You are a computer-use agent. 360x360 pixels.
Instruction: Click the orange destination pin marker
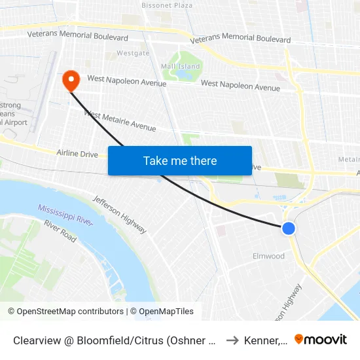coord(71,81)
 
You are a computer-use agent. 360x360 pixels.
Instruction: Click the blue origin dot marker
coord(288,228)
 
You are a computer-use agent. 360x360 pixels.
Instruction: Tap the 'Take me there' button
coord(180,160)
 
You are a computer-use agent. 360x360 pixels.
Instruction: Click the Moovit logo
coord(320,340)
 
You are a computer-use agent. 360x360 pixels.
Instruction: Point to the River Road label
coord(60,231)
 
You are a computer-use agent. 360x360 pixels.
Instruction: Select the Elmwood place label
coord(268,256)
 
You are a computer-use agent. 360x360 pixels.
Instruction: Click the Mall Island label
coord(181,67)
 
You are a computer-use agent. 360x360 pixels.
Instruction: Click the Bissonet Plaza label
coord(167,5)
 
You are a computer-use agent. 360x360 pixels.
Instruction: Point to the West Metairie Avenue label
coord(120,120)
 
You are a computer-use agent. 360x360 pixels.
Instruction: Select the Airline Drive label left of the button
coord(77,154)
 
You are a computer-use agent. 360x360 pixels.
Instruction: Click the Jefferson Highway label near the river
coord(119,214)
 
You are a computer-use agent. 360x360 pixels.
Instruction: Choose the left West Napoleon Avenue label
coord(126,81)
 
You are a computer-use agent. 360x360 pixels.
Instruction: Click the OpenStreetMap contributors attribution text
coord(66,312)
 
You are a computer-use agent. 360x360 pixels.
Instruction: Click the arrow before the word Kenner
coord(232,340)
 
